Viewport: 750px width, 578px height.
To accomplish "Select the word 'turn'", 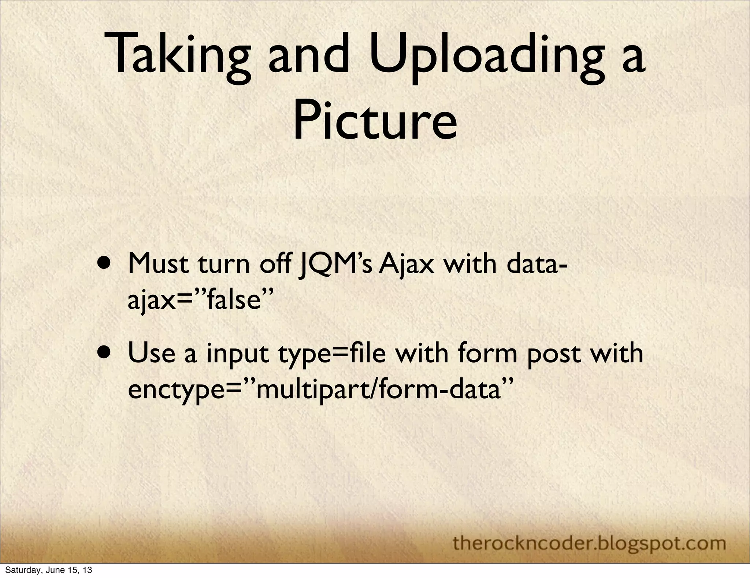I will point(223,264).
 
